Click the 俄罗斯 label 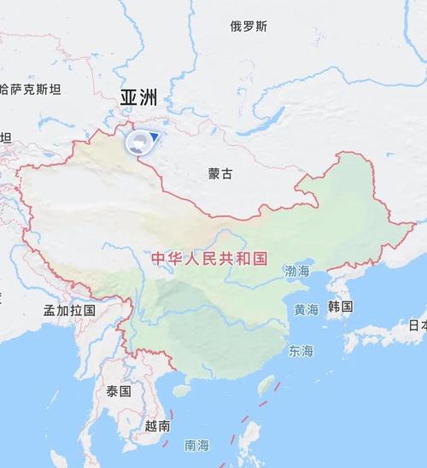(x=249, y=26)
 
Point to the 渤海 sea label (x=298, y=272)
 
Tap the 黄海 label (x=306, y=309)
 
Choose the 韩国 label (x=340, y=306)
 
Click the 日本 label (x=417, y=325)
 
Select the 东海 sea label (x=301, y=351)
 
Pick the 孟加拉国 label (x=70, y=310)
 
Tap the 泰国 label (x=119, y=391)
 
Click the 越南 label (x=157, y=425)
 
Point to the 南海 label (x=196, y=445)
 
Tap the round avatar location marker (x=137, y=142)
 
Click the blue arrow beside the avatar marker (x=155, y=137)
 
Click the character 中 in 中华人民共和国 (x=156, y=257)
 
